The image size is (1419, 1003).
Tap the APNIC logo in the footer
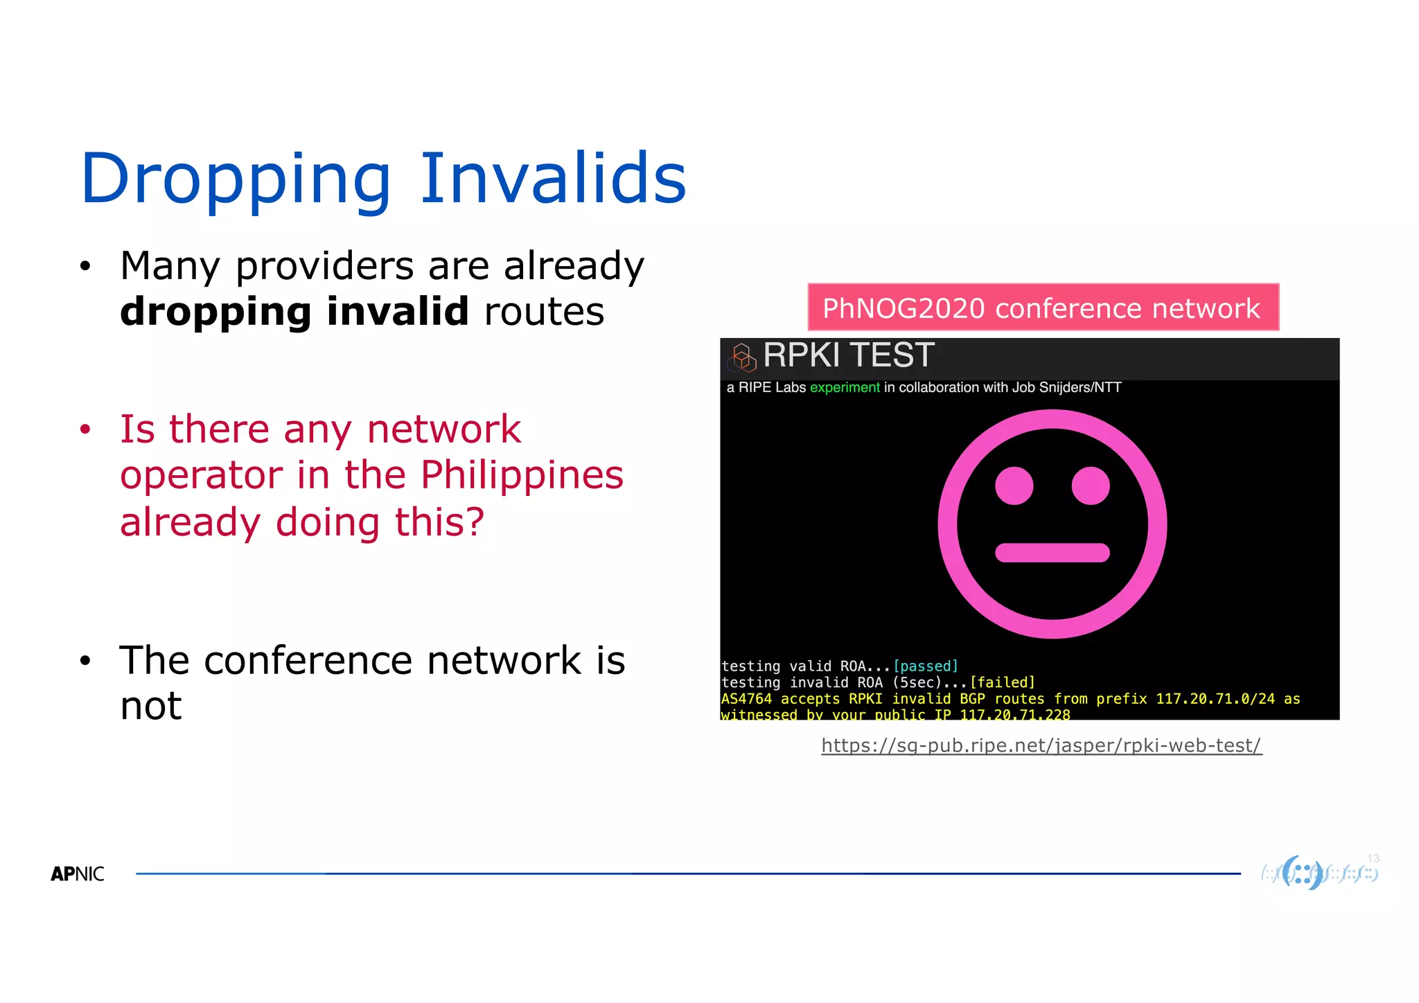click(x=78, y=874)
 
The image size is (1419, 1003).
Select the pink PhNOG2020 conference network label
click(x=1043, y=308)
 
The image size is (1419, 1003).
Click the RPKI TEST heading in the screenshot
click(x=848, y=355)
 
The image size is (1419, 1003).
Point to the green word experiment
click(x=844, y=388)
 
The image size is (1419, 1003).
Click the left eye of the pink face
click(x=1014, y=486)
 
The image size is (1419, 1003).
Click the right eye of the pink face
click(x=1091, y=486)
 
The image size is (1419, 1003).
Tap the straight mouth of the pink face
click(x=1052, y=553)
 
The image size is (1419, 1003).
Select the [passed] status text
click(x=926, y=666)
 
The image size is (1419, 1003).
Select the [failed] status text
click(x=1002, y=683)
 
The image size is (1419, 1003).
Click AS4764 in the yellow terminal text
click(x=746, y=699)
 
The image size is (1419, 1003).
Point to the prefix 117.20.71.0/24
click(x=1215, y=699)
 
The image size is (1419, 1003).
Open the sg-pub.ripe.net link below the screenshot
click(x=1041, y=746)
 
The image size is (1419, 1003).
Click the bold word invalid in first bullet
click(x=398, y=311)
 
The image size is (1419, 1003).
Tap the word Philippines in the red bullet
click(x=522, y=475)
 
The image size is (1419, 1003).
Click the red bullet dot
click(x=85, y=429)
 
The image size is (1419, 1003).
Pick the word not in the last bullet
click(x=150, y=707)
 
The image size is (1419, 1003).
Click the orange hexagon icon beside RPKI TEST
click(x=742, y=357)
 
